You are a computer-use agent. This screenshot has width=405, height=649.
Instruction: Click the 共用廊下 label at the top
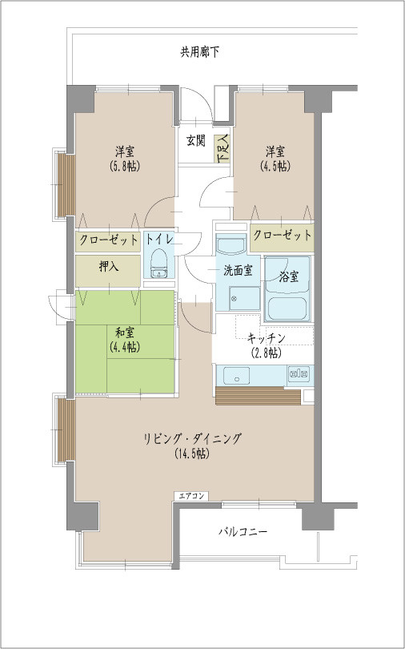(199, 52)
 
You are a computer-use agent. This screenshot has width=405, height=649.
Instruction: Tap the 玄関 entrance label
(196, 141)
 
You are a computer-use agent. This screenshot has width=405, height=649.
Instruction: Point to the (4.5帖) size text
(276, 167)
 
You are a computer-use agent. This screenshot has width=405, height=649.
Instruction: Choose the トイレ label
(159, 239)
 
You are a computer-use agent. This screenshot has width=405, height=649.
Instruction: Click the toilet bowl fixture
(158, 260)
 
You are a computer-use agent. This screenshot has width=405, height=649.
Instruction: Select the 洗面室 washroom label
(238, 271)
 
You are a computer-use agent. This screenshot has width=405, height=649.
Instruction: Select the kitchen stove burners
(299, 373)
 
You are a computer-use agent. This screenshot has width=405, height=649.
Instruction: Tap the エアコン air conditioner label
(192, 497)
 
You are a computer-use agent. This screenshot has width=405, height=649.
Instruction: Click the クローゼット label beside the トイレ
(109, 239)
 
